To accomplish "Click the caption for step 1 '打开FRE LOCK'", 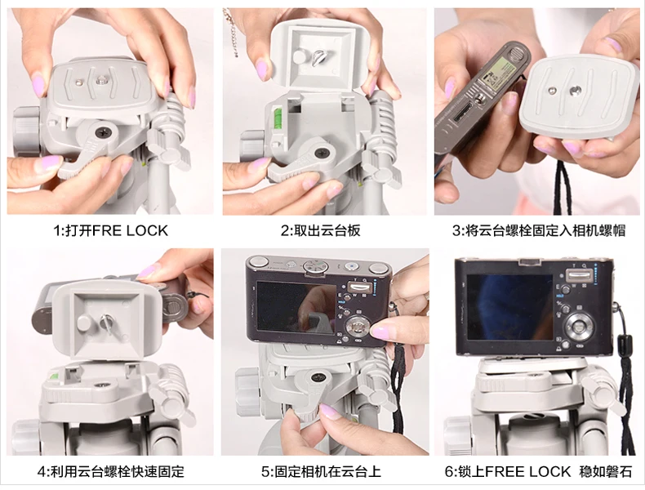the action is [111, 230].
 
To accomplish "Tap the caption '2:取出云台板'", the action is [321, 230].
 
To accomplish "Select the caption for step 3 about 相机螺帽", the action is [539, 230].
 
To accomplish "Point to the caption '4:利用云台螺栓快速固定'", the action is [111, 471].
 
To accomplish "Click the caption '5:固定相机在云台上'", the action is [321, 471].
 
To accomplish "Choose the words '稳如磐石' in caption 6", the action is [605, 471].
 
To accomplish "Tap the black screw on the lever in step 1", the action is [101, 132].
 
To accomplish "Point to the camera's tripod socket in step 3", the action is [478, 98].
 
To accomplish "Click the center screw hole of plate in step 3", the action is [573, 90].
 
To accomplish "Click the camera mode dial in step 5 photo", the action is [315, 266].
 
